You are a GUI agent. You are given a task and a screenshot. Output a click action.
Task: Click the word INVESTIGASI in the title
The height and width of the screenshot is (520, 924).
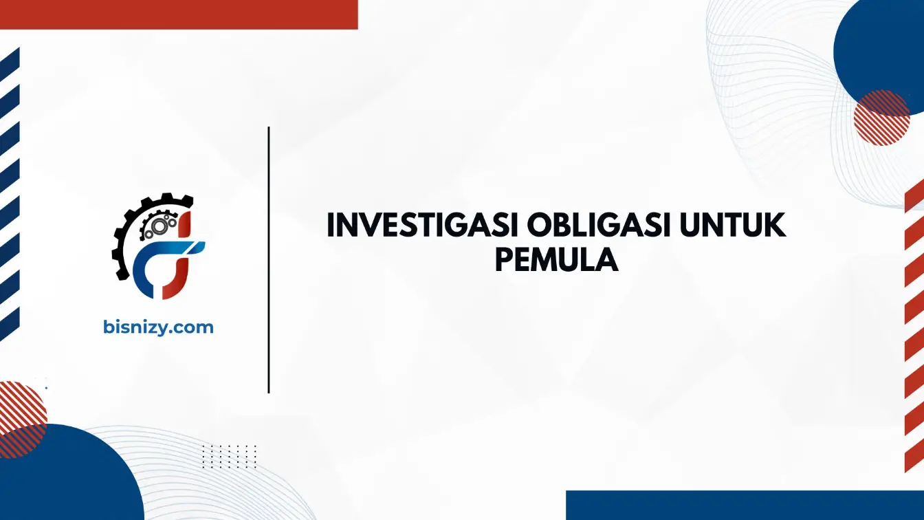pos(422,226)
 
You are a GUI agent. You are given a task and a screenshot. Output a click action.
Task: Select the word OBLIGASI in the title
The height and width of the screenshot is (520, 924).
pos(599,226)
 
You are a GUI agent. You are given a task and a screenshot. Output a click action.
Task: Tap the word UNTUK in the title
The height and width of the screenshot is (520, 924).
pos(733,226)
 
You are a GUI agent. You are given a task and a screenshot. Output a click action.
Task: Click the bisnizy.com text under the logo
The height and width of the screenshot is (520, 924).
pos(158,327)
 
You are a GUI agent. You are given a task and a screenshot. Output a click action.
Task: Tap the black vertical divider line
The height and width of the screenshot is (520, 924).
pos(269,260)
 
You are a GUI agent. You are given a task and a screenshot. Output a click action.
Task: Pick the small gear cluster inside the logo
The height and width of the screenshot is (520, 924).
pos(159,224)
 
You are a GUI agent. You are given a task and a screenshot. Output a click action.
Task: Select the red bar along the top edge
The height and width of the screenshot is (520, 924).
pos(179,14)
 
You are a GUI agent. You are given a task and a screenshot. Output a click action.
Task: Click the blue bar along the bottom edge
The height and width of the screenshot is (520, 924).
pos(745,505)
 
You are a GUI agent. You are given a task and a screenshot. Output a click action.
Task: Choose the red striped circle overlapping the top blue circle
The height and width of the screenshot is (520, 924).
pos(881,118)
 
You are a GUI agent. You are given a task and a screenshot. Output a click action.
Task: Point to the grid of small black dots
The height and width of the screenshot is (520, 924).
pos(230,457)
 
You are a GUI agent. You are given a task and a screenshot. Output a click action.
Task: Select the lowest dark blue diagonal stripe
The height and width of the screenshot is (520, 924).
pos(10,325)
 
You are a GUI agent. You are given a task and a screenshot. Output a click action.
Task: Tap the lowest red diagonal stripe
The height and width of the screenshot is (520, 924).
pos(914,455)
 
